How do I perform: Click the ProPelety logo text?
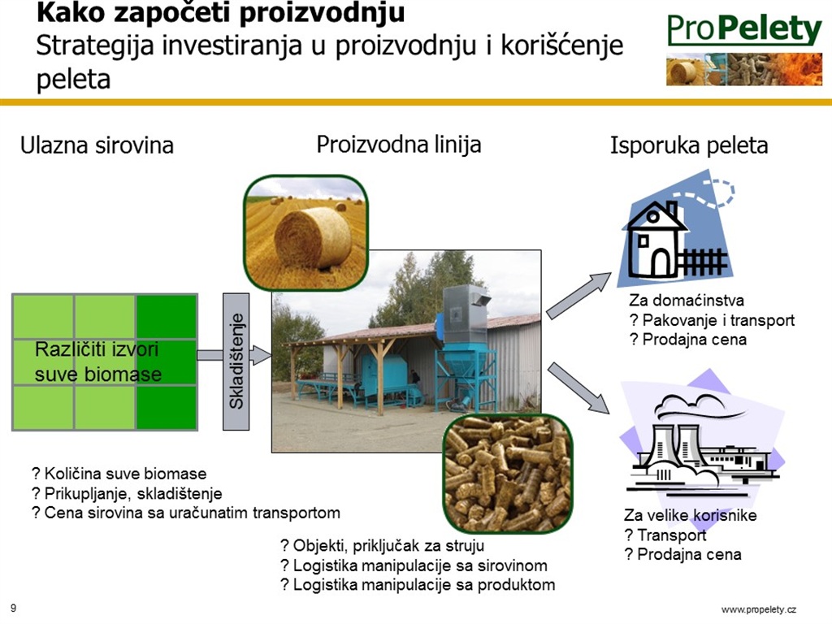point(744,29)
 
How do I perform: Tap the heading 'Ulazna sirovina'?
point(97,145)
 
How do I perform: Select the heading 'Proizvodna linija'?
point(399,145)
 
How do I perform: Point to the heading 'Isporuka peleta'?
point(689,145)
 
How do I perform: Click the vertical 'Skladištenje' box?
point(236,362)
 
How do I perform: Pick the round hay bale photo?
point(306,233)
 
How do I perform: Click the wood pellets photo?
point(509,474)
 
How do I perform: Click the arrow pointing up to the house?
point(578,296)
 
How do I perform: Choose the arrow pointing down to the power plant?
point(578,388)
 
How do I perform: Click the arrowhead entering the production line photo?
point(261,355)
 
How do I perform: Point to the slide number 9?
point(13,609)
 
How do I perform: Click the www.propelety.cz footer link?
point(759,609)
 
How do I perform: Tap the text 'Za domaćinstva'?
point(687,301)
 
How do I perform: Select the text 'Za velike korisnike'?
point(691,515)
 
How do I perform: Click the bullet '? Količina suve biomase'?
point(119,474)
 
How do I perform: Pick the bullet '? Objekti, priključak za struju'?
point(382,545)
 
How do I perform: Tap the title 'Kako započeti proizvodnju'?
point(221,13)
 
